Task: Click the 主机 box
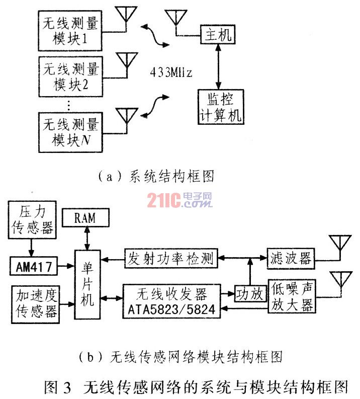click(218, 34)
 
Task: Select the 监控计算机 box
click(221, 107)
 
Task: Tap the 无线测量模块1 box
click(70, 31)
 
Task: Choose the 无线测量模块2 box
click(71, 76)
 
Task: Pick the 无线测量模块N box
click(71, 132)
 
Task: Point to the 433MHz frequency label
click(171, 72)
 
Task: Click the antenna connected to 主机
click(176, 17)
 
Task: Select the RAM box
click(85, 217)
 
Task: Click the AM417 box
click(34, 266)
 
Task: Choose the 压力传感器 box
click(32, 220)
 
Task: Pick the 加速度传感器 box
click(35, 304)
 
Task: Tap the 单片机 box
click(87, 284)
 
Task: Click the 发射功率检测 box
click(171, 258)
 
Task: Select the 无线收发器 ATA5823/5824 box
click(171, 301)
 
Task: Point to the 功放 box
click(250, 294)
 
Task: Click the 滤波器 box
click(291, 259)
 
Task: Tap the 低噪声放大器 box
click(292, 296)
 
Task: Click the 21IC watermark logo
click(179, 200)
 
